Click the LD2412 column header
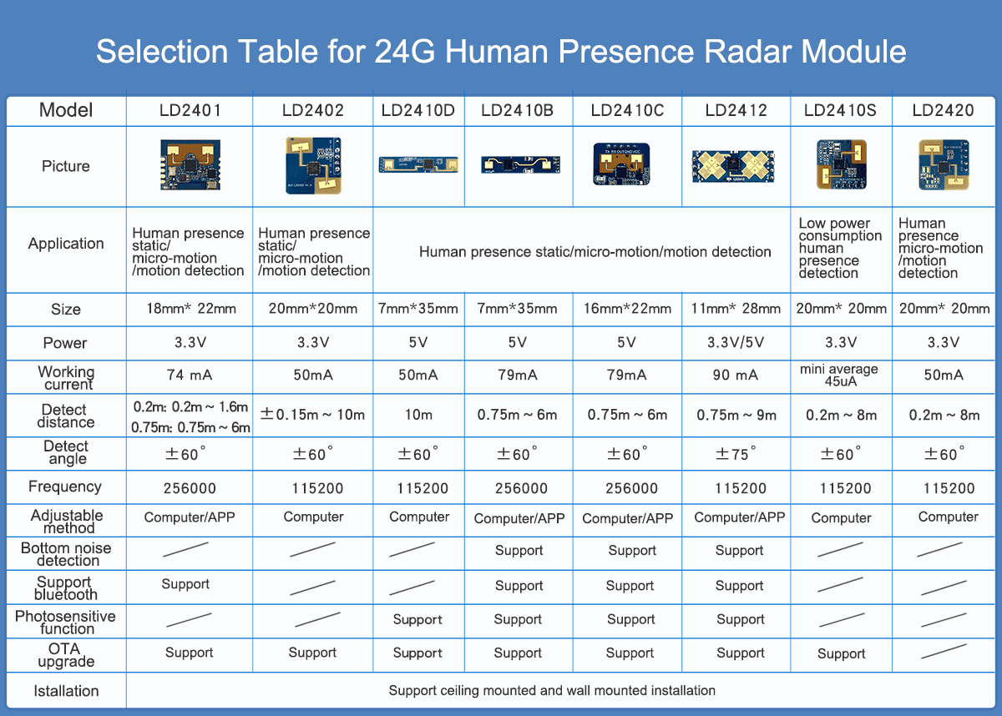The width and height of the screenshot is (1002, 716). coord(736,110)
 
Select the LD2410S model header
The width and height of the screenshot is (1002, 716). coord(840,110)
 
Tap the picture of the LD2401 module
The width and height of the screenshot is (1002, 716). coord(190,165)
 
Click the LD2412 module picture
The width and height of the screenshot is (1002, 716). coord(735,166)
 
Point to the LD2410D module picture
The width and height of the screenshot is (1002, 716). coord(417,164)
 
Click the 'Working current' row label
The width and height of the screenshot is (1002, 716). coord(66,378)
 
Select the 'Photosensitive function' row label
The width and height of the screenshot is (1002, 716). coord(65,622)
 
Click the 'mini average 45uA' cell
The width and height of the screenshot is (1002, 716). coord(839,376)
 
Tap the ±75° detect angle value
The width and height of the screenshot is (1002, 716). coord(736,454)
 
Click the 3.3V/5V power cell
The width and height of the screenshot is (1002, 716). coord(736,343)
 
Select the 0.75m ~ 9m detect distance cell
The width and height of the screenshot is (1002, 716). coord(736,415)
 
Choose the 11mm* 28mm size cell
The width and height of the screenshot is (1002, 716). coord(736,309)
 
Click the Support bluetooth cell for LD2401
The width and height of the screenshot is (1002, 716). coord(185,584)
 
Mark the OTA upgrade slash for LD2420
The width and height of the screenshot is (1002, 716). coord(944,652)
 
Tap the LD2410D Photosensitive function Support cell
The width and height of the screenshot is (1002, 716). coord(417,620)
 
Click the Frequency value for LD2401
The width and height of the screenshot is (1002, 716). coord(190,488)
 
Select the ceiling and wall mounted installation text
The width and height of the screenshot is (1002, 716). coord(552,691)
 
